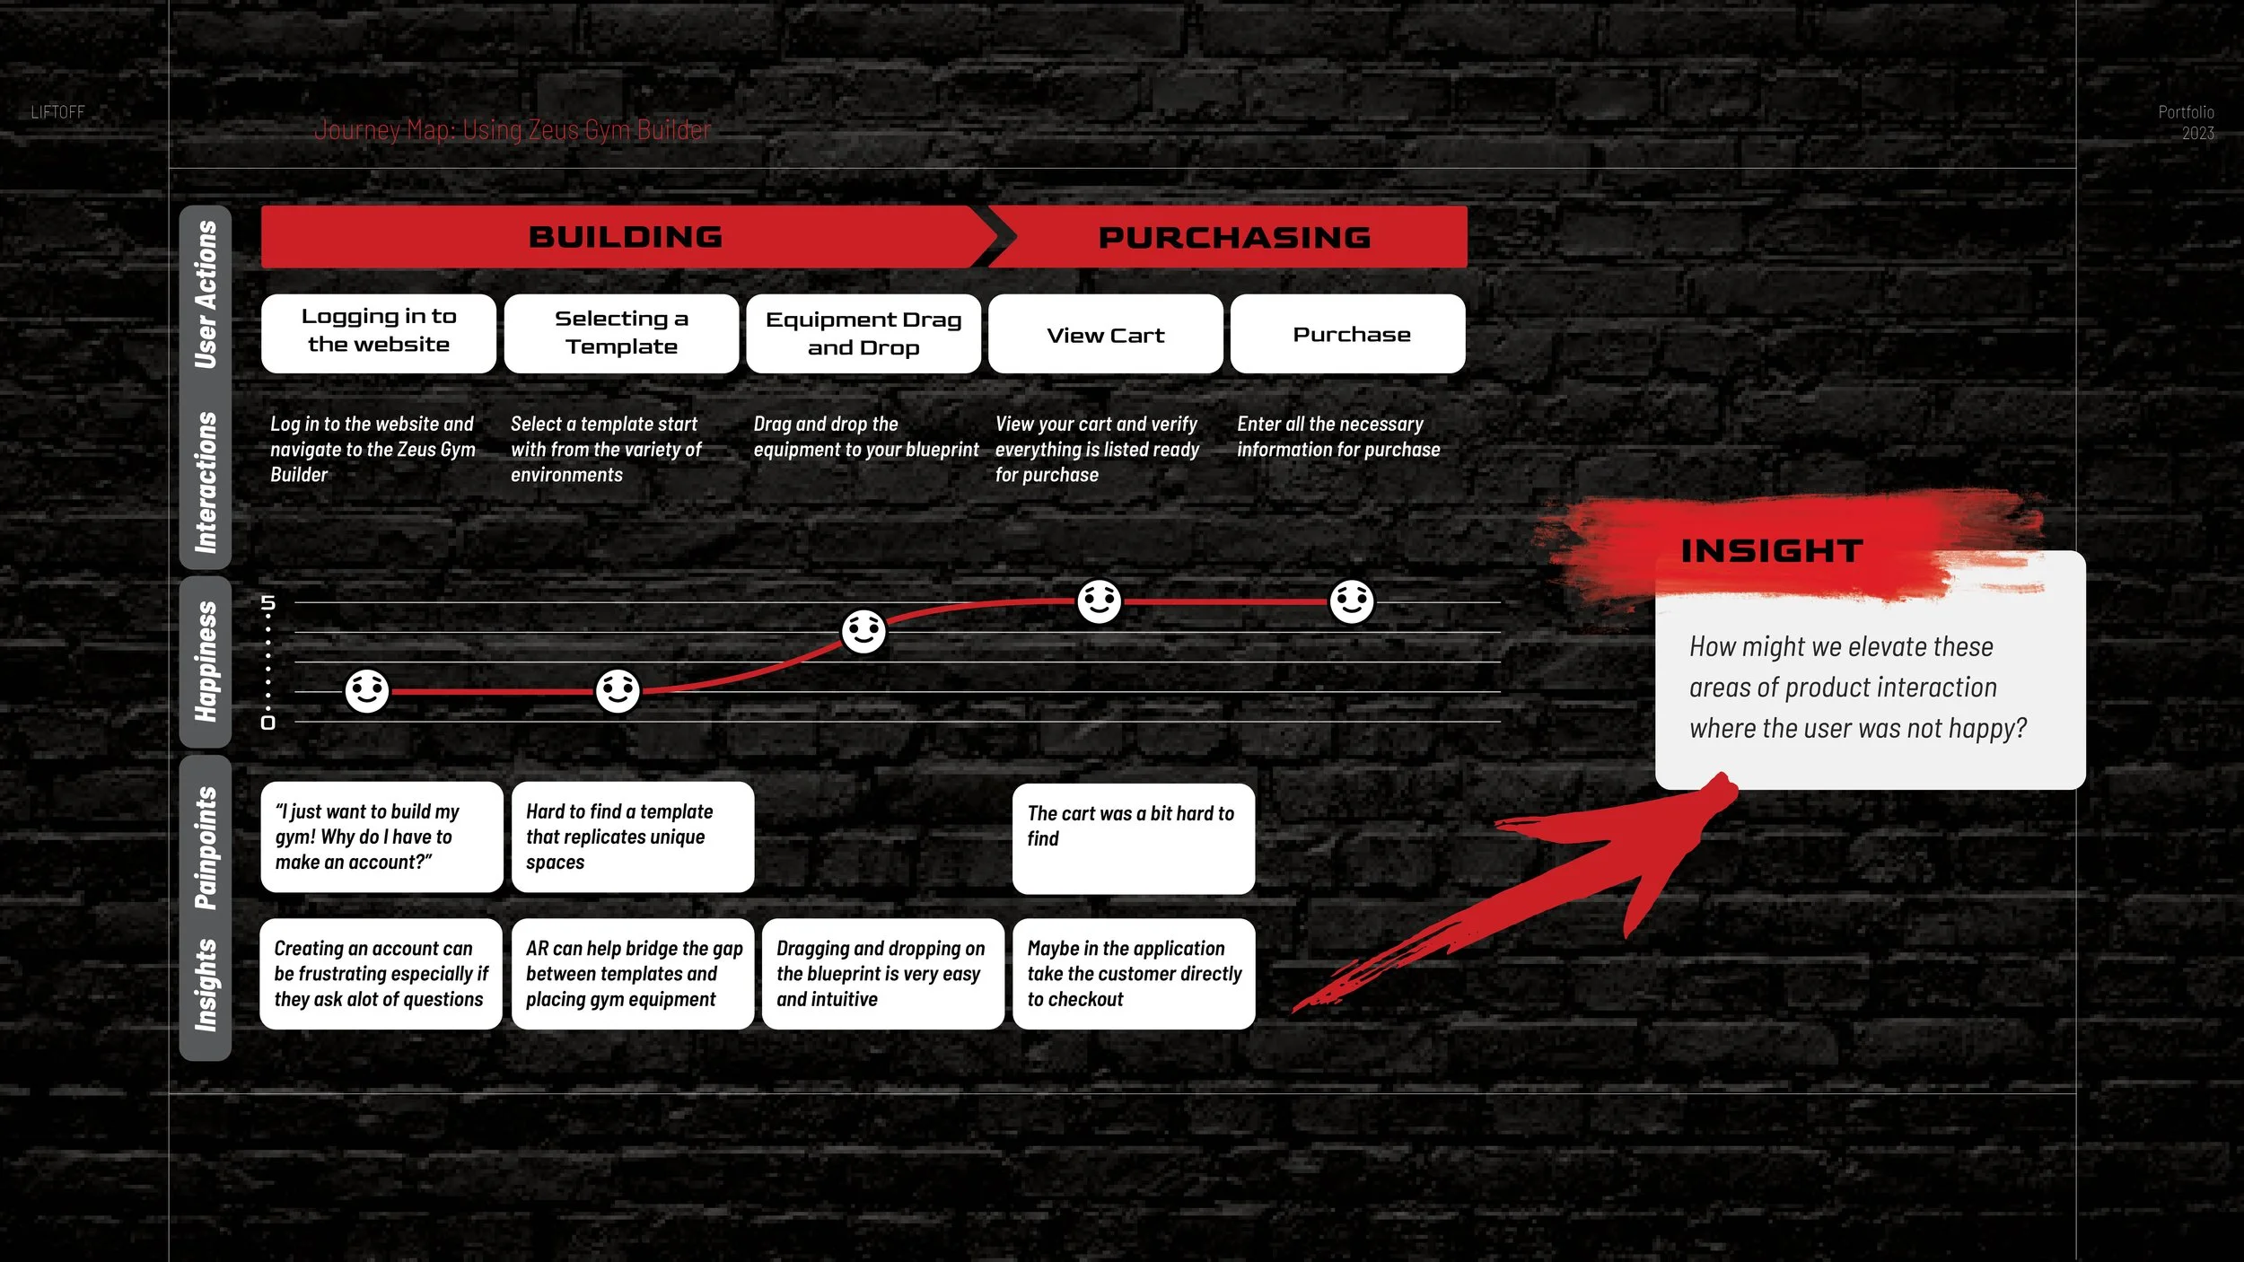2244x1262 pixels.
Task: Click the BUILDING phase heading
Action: point(626,237)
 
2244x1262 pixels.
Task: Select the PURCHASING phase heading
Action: point(1234,238)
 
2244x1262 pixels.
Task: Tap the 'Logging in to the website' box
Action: point(379,333)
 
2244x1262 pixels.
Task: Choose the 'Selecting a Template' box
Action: point(621,333)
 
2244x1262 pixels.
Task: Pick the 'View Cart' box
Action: point(1105,335)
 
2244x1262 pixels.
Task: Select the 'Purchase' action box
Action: point(1351,334)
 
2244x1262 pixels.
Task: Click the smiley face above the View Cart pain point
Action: point(1099,601)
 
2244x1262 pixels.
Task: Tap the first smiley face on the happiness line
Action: point(367,691)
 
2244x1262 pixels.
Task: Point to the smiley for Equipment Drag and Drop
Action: point(863,632)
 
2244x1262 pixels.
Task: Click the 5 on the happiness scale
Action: point(267,602)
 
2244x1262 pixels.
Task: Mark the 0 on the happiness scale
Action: point(267,723)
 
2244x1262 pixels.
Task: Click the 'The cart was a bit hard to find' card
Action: point(1133,837)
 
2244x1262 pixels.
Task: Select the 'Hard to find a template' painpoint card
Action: point(632,837)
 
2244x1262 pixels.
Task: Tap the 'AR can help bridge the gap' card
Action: point(632,973)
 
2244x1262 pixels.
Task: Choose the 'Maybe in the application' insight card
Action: point(1133,973)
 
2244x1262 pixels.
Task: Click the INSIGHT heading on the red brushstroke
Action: point(1771,551)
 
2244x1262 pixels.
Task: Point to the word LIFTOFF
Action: point(57,112)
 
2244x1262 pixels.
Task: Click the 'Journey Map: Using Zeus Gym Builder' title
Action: point(512,130)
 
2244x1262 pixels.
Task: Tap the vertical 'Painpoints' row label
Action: point(206,848)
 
